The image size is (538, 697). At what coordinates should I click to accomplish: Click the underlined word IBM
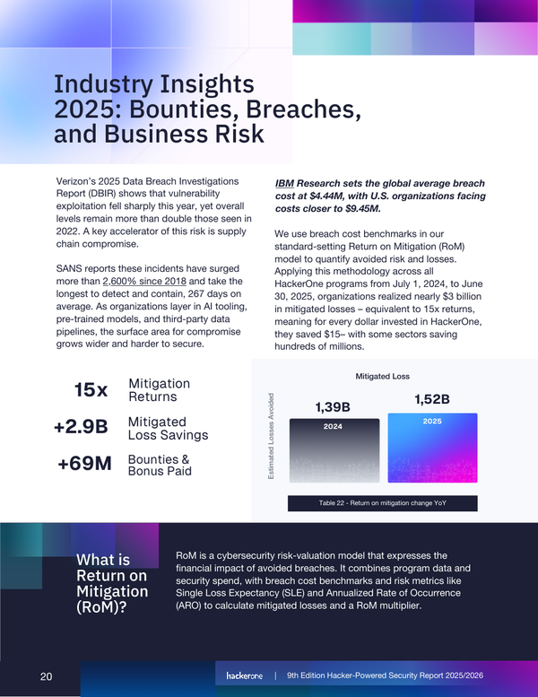click(287, 182)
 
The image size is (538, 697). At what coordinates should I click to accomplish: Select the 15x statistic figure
click(91, 390)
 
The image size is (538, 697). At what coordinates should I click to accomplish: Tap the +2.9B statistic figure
click(81, 428)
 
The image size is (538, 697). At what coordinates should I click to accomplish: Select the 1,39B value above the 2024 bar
click(332, 407)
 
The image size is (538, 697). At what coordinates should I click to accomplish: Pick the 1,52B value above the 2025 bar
click(431, 398)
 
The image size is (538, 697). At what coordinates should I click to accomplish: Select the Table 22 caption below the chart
click(383, 503)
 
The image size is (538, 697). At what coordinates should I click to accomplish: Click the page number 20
click(47, 675)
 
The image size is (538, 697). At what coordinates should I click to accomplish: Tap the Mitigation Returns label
click(160, 390)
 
